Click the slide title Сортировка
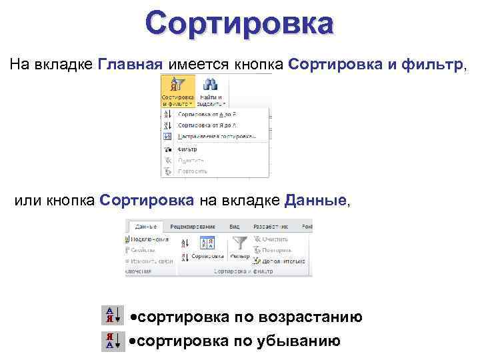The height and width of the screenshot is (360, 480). pos(239,23)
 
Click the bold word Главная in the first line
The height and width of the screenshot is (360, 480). pos(130,64)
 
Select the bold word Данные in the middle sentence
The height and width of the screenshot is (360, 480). pos(315,200)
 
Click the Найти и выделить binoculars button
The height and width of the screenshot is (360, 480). pos(211,91)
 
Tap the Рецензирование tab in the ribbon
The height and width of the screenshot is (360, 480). pos(196,226)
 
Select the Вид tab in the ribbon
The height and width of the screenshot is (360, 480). pos(235,226)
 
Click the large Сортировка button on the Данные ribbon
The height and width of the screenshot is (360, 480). pos(207,247)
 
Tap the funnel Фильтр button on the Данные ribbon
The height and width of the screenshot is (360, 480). pos(239,247)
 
